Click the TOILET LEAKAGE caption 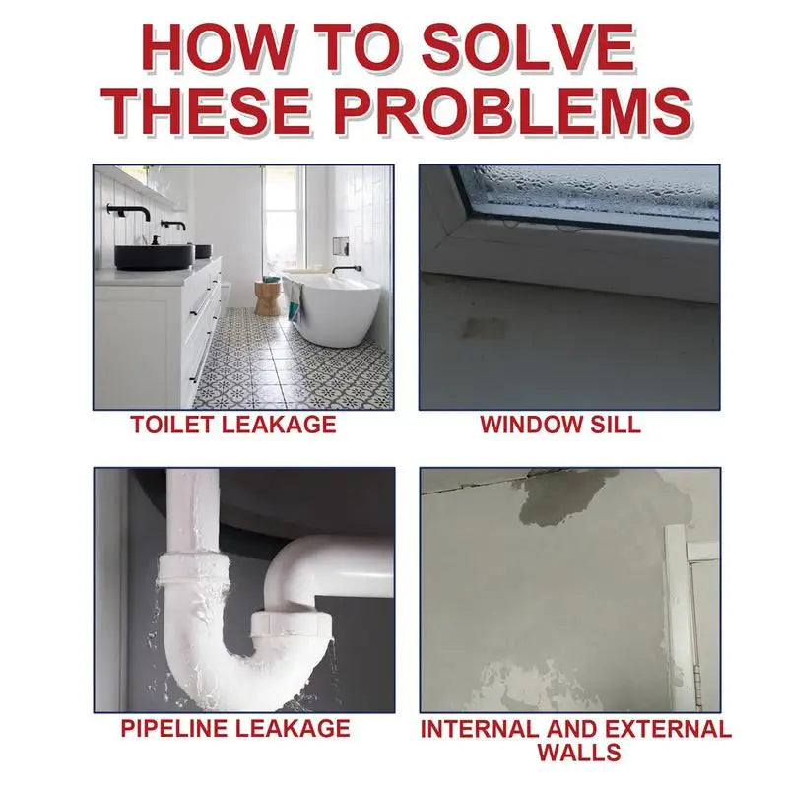click(x=233, y=425)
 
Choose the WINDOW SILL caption click(x=559, y=425)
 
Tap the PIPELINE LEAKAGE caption click(x=234, y=728)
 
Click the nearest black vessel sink click(x=154, y=256)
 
